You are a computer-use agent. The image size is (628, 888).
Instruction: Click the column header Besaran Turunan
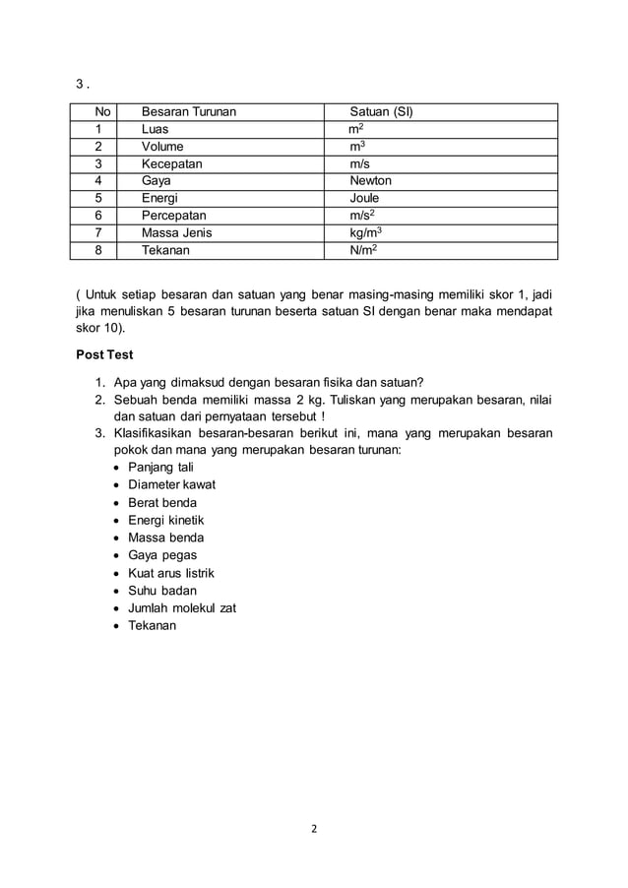point(189,111)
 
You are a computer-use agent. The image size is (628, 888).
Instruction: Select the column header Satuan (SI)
point(382,111)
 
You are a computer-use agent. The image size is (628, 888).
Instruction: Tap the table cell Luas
point(156,129)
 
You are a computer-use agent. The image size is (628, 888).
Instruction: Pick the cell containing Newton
point(370,181)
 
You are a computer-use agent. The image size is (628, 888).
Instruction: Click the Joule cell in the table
point(364,199)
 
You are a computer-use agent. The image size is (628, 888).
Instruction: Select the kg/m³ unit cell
point(366,233)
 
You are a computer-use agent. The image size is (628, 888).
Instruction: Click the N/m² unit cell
point(362,251)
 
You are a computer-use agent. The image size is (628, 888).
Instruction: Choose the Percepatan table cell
point(175,216)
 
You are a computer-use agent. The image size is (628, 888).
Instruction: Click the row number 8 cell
point(98,251)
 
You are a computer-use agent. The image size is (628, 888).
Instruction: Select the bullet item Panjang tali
point(160,467)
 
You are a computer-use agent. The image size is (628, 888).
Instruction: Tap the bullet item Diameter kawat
point(171,484)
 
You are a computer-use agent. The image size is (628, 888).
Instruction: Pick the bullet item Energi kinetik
point(166,520)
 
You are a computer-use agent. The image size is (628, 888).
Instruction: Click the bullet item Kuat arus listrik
point(171,573)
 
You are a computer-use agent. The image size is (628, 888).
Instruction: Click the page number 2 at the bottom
point(314,828)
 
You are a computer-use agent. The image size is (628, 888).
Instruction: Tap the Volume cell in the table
point(162,147)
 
